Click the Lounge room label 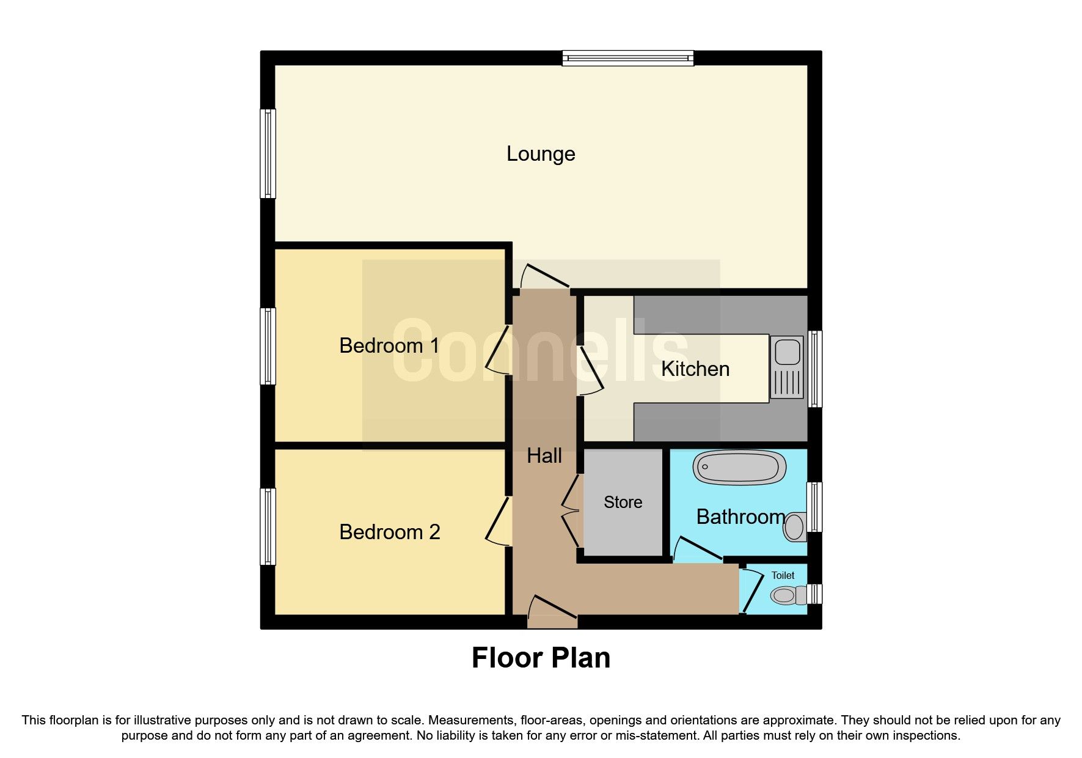pyautogui.click(x=541, y=154)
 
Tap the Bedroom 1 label pyautogui.click(x=389, y=346)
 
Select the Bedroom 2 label pyautogui.click(x=389, y=532)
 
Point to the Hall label pyautogui.click(x=544, y=456)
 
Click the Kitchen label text pyautogui.click(x=695, y=369)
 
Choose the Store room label pyautogui.click(x=623, y=502)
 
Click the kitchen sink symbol pyautogui.click(x=787, y=367)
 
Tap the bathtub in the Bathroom pyautogui.click(x=739, y=468)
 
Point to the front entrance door pyautogui.click(x=552, y=609)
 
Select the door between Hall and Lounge pyautogui.click(x=544, y=276)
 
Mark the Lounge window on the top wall pyautogui.click(x=627, y=58)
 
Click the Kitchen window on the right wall pyautogui.click(x=815, y=369)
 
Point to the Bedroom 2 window pyautogui.click(x=268, y=526)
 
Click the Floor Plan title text pyautogui.click(x=541, y=658)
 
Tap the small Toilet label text pyautogui.click(x=783, y=576)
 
